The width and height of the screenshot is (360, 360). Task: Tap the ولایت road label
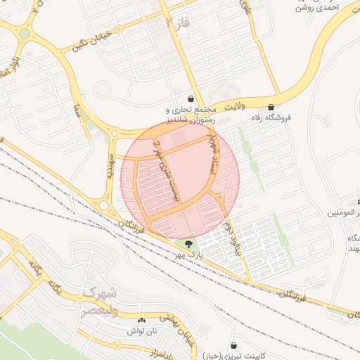[x=233, y=107]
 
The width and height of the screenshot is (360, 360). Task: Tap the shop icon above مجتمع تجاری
[x=191, y=98]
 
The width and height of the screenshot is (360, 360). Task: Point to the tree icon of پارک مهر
[x=187, y=244]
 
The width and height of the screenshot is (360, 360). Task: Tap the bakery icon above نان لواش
[x=141, y=319]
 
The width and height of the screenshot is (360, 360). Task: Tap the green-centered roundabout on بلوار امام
[x=25, y=33]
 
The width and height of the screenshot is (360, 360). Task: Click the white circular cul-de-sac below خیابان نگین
[x=103, y=89]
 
